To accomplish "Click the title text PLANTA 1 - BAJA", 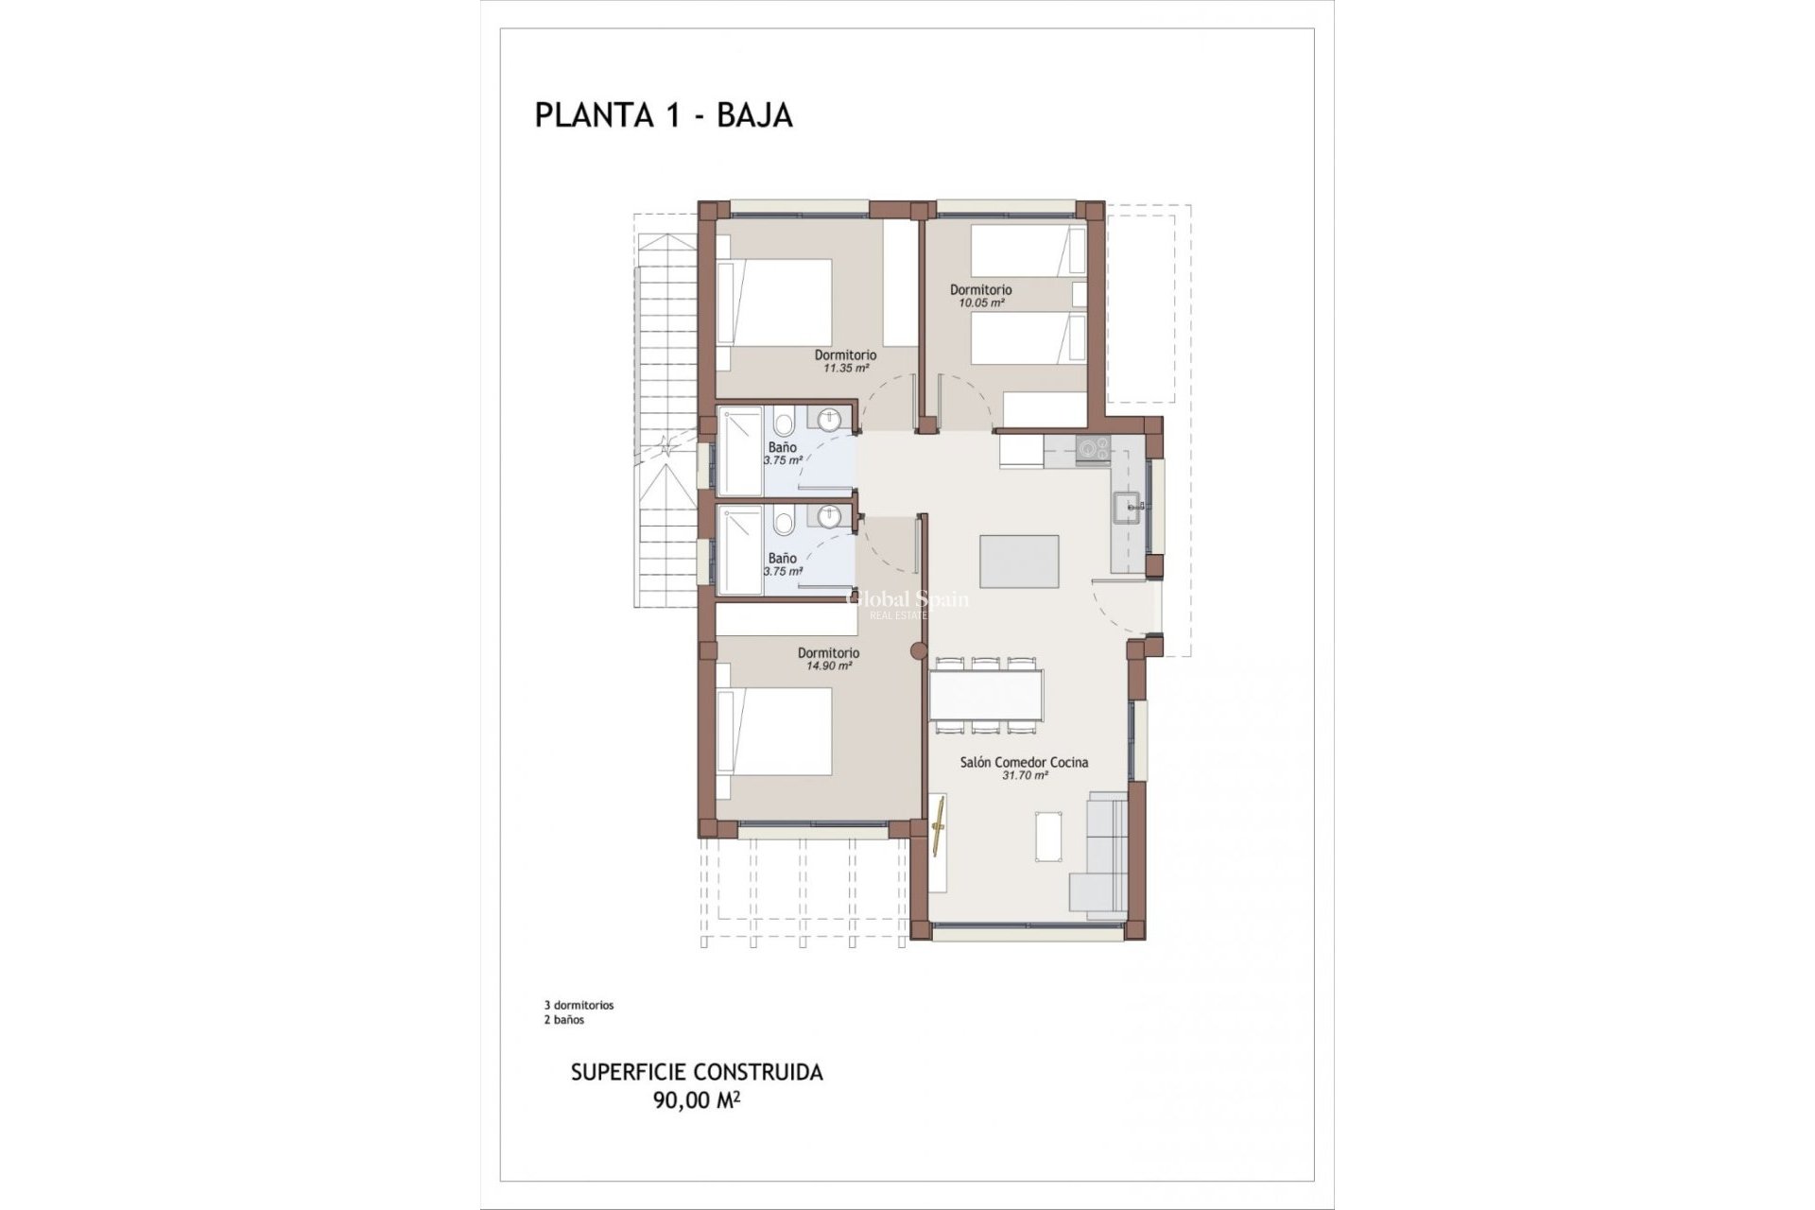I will (x=663, y=115).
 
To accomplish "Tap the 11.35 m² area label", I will (x=845, y=369).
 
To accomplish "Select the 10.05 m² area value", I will (x=980, y=303).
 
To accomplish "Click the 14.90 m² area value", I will (x=828, y=665).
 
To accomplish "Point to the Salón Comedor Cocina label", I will (x=1024, y=762).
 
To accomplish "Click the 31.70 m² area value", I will (x=1024, y=775).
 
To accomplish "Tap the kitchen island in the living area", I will (x=1019, y=562).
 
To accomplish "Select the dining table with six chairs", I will (x=987, y=696).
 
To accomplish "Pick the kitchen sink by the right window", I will (x=1130, y=508).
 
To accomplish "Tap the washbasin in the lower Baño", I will (x=829, y=517).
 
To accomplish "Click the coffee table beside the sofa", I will (x=1047, y=837).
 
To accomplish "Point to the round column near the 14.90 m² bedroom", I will (x=916, y=650).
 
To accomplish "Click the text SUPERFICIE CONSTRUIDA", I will (x=697, y=1072).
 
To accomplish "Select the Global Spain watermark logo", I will (x=906, y=601).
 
